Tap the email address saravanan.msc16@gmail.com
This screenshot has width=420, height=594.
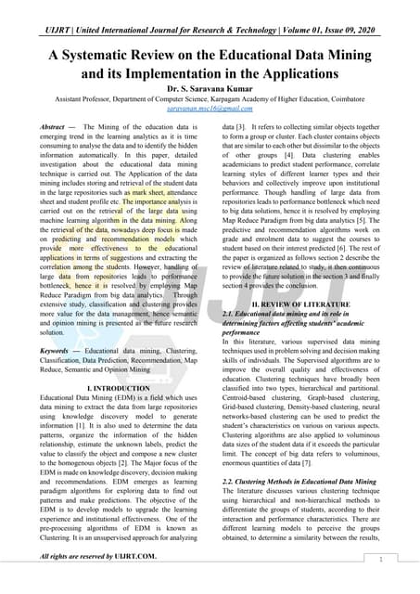coord(210,108)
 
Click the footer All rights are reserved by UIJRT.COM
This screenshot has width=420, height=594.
coord(98,556)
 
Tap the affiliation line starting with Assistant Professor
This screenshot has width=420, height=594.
coord(210,97)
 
